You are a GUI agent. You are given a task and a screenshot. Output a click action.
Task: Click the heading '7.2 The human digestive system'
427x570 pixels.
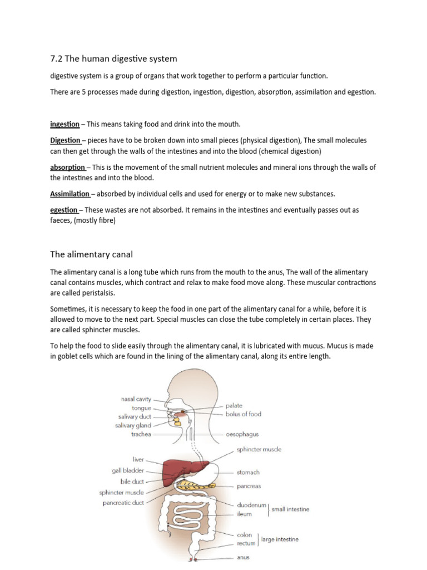tap(113, 58)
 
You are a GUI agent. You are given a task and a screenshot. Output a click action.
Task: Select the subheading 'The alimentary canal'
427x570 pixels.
tap(91, 254)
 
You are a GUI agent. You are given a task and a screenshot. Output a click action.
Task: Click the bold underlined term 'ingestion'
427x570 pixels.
tap(64, 124)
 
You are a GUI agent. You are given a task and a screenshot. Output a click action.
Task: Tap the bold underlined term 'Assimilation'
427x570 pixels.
tap(69, 194)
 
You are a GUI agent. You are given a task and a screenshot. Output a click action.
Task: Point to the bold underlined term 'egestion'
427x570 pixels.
tap(64, 210)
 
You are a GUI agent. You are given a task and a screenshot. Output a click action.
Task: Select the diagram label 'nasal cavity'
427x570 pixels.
tap(136, 399)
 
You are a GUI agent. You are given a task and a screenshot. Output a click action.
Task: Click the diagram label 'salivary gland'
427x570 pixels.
tap(134, 425)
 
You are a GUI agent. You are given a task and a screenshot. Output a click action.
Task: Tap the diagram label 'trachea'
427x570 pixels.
tap(141, 434)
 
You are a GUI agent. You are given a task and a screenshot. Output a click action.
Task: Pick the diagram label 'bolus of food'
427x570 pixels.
tap(243, 414)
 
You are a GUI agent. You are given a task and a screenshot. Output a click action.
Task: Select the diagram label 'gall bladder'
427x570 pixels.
tap(128, 470)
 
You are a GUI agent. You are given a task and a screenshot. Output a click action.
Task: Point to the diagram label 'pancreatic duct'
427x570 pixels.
tap(123, 503)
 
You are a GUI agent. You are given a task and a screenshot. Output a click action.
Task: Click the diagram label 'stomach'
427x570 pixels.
tap(248, 473)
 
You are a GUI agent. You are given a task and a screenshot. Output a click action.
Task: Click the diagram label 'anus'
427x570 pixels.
tap(243, 557)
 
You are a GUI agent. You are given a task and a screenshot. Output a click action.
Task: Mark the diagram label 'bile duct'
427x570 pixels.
tap(132, 481)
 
